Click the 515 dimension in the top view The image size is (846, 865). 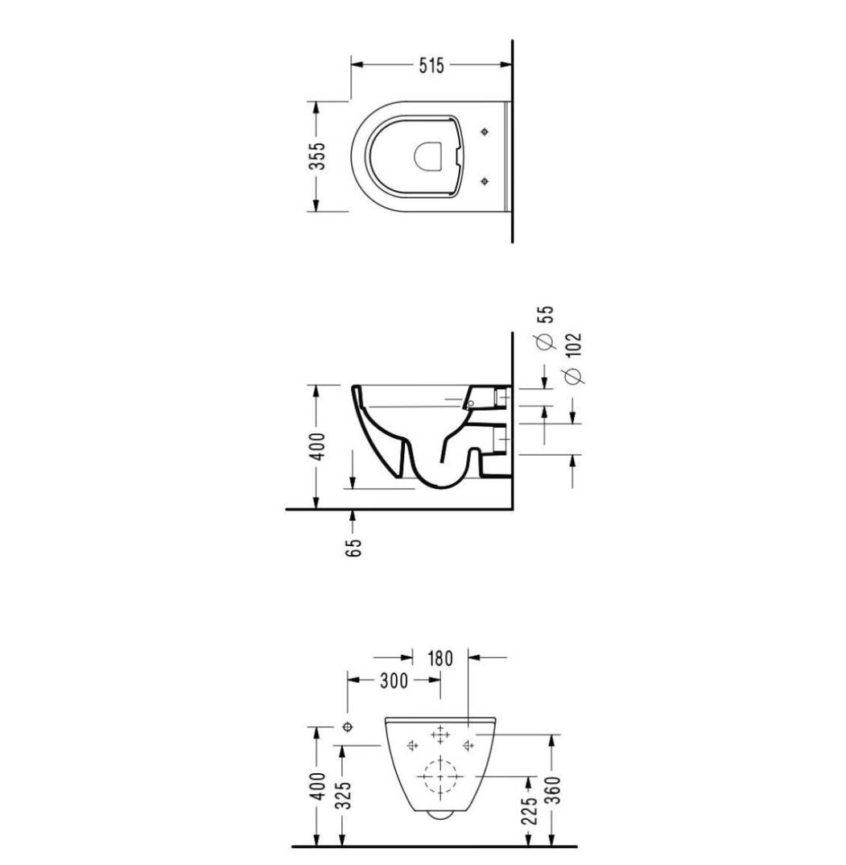(431, 65)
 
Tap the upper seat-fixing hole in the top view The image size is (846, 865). (485, 131)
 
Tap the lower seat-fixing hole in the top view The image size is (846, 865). (485, 181)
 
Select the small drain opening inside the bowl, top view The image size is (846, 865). (428, 155)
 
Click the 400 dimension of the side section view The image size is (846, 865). (318, 445)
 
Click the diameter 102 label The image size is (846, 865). (573, 358)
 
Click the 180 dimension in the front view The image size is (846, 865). (440, 658)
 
